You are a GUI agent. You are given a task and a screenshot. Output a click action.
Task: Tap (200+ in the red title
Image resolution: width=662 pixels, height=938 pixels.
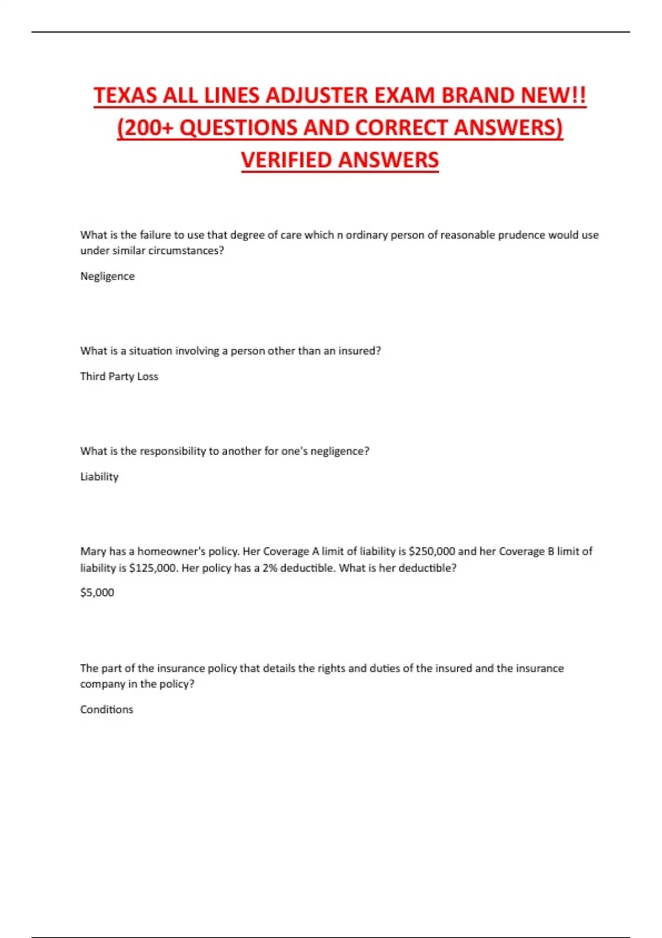tap(145, 127)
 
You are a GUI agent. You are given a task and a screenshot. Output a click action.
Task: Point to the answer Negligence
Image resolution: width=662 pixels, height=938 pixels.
tap(107, 276)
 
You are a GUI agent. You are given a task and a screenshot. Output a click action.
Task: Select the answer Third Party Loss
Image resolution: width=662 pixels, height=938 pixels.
tap(119, 376)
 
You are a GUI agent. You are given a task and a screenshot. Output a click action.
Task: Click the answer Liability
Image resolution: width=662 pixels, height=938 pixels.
tap(99, 477)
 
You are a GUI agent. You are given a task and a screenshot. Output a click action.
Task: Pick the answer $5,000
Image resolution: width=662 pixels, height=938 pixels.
tap(97, 593)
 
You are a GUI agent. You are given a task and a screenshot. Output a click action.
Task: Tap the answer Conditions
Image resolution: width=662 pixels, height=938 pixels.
tap(106, 710)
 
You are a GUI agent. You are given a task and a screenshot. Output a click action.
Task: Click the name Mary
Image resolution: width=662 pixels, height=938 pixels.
tap(93, 551)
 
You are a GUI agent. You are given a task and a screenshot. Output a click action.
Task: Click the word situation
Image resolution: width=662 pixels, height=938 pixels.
tap(151, 351)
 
